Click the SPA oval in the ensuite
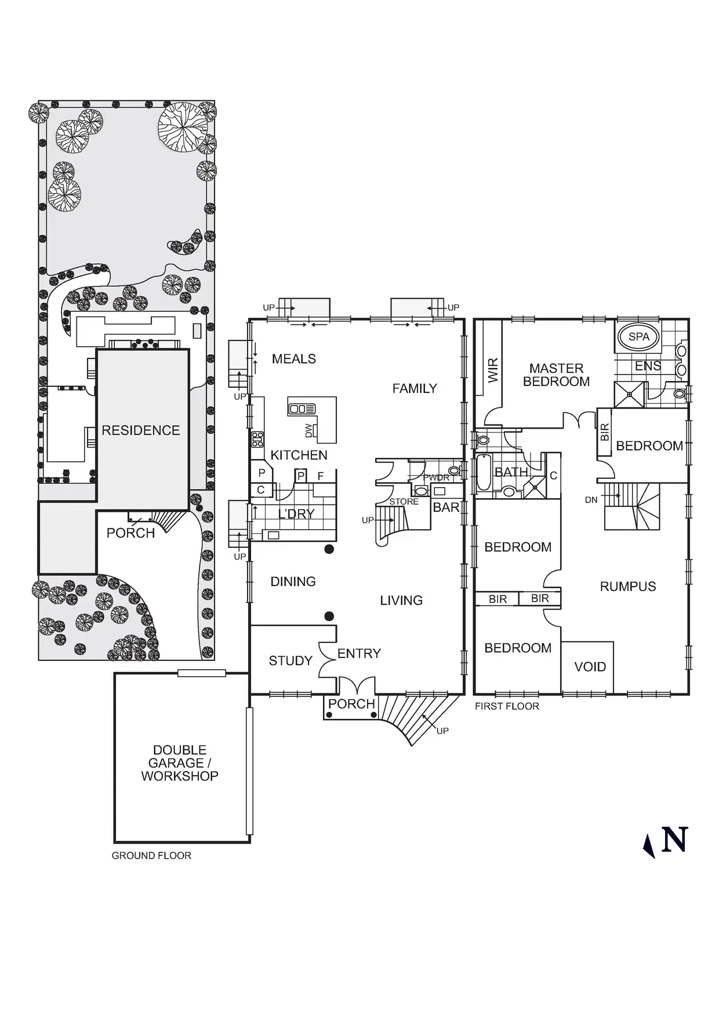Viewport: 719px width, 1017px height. click(x=639, y=336)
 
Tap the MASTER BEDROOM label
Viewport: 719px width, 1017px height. click(x=557, y=375)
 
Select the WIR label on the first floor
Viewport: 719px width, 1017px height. click(x=493, y=371)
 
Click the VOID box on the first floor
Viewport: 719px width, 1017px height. click(x=587, y=667)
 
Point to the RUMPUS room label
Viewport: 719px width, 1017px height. click(x=628, y=586)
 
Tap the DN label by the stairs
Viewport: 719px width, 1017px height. click(x=591, y=500)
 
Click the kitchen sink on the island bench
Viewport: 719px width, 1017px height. click(x=302, y=409)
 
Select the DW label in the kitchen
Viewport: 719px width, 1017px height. click(x=308, y=430)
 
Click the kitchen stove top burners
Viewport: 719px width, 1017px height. click(x=257, y=440)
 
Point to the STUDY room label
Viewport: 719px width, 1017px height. click(x=290, y=660)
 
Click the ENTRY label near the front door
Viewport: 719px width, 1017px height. click(x=359, y=653)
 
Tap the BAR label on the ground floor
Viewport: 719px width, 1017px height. click(x=446, y=507)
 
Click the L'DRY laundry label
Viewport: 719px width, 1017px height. click(x=296, y=514)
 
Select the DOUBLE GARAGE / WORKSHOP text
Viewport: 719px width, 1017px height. click(x=180, y=763)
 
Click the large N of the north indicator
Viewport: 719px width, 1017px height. click(x=674, y=840)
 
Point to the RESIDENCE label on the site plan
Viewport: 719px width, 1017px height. click(x=141, y=430)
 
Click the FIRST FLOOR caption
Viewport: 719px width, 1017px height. click(x=507, y=706)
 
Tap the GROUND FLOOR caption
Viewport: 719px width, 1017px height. click(x=151, y=855)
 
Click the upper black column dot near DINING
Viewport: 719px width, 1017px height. click(x=329, y=549)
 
